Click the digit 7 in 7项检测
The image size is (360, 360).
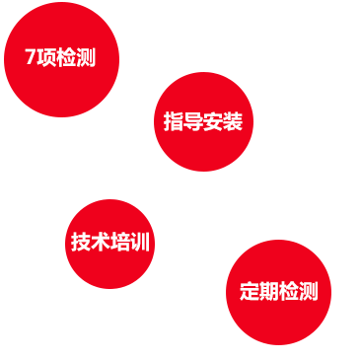click(x=30, y=56)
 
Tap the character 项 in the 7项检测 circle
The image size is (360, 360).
click(x=46, y=57)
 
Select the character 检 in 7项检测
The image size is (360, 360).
click(x=66, y=57)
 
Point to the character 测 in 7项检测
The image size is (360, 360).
click(x=86, y=57)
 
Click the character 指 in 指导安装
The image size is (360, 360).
click(x=174, y=121)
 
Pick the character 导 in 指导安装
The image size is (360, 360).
click(x=193, y=121)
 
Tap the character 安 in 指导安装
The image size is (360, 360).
click(x=213, y=121)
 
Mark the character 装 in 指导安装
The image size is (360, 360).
click(x=233, y=121)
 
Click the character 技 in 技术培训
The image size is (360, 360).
click(x=81, y=242)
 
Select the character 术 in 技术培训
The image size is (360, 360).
click(x=101, y=242)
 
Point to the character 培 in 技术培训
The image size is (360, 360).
click(x=120, y=242)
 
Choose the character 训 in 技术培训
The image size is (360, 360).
click(x=140, y=242)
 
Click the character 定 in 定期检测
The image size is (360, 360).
click(x=250, y=291)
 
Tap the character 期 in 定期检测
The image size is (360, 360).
click(x=269, y=291)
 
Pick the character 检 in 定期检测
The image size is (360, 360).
click(x=289, y=291)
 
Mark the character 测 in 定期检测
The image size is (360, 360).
click(x=309, y=291)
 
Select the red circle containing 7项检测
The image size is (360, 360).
click(x=61, y=59)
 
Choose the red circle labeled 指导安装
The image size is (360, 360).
click(x=203, y=121)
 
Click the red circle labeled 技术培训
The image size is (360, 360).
click(x=109, y=244)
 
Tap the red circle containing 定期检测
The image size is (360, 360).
click(x=278, y=292)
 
